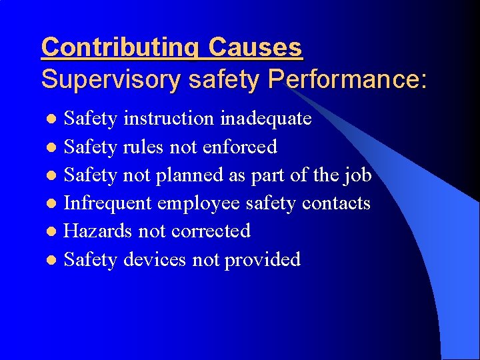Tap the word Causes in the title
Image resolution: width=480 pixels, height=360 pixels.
click(255, 48)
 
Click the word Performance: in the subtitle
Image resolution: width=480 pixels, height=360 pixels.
click(347, 79)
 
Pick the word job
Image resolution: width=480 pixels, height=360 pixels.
click(357, 175)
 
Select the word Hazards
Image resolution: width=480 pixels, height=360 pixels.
click(98, 231)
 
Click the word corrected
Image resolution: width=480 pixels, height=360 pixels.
click(211, 231)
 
